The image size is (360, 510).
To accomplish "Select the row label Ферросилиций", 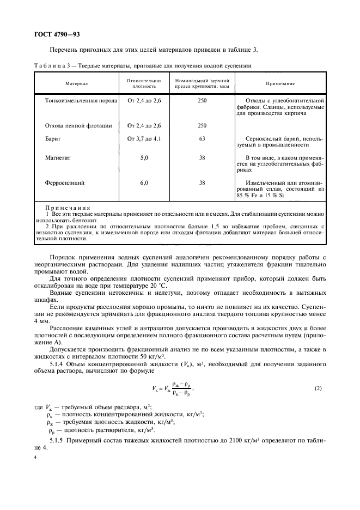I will tap(65, 183).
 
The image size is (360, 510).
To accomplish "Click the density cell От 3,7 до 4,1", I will tap(144, 139).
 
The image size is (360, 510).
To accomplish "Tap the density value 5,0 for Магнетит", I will tap(144, 157).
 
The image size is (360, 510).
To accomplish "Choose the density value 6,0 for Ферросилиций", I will tap(144, 183).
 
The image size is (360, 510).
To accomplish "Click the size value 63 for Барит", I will tap(202, 139).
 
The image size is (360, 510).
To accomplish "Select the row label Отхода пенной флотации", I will tap(78, 126).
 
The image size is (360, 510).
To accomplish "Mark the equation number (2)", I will tap(319, 388).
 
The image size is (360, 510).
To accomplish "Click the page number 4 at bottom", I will tap(34, 458).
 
